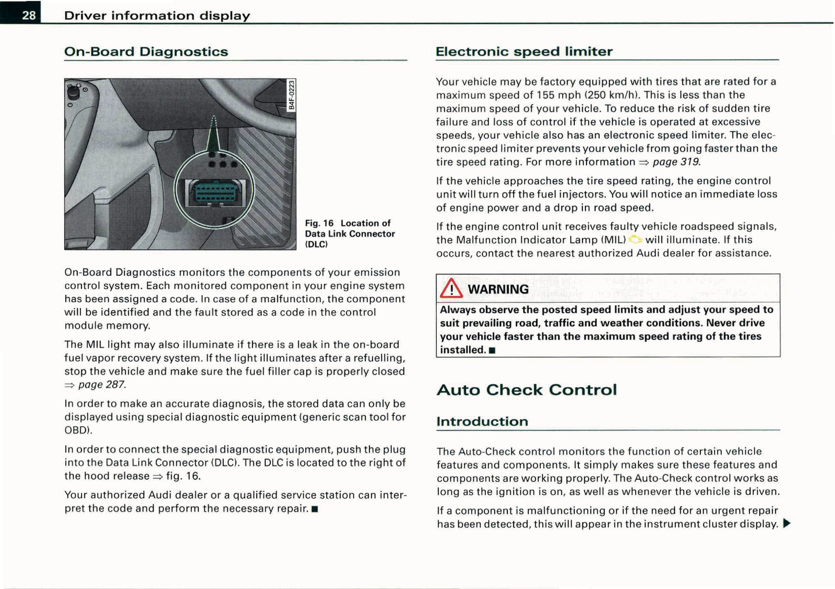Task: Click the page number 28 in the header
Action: tap(29, 15)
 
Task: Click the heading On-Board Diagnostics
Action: tap(146, 51)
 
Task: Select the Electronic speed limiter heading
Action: tap(524, 51)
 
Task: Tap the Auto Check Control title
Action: tap(526, 390)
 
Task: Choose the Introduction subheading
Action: tap(482, 421)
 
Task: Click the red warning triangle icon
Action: tap(451, 288)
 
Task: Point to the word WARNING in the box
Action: tap(498, 289)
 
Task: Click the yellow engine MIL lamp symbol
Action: tap(635, 239)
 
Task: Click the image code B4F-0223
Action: tap(292, 95)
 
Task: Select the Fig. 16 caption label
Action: tap(319, 223)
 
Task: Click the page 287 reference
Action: tap(101, 384)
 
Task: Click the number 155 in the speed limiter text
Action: tap(545, 95)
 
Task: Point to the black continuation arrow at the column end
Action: tap(786, 524)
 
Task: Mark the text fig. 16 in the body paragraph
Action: tap(183, 476)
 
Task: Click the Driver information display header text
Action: tap(157, 16)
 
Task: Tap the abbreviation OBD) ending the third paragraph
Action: tap(78, 431)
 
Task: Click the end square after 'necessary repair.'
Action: tap(314, 509)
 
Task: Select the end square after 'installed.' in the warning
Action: tap(492, 350)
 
